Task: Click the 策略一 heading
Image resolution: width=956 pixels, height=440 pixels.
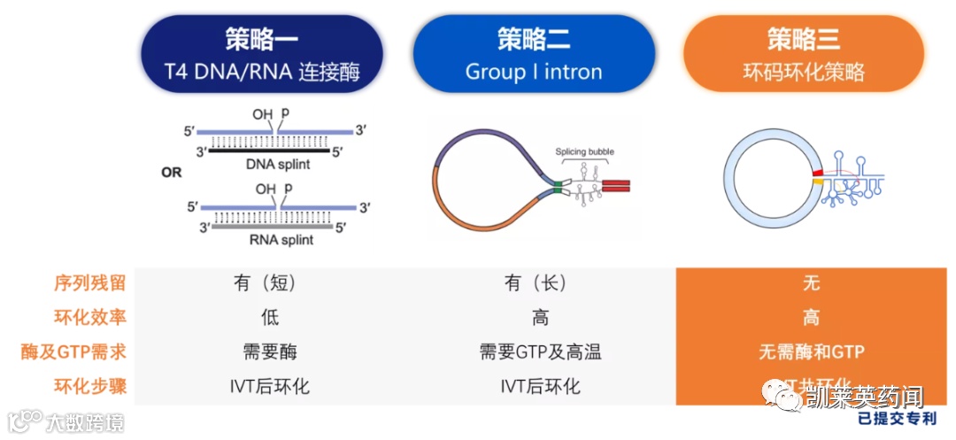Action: (263, 40)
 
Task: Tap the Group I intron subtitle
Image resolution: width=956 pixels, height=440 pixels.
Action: (534, 72)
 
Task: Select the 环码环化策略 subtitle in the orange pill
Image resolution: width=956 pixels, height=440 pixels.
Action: (804, 72)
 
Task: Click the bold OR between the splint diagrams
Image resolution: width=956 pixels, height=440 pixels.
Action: (171, 172)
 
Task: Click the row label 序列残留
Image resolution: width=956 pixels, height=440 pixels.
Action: (89, 283)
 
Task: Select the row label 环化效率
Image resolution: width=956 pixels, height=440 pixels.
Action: (89, 317)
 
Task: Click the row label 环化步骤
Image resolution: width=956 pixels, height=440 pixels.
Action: (89, 386)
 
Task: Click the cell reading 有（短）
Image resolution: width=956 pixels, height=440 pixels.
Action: (264, 283)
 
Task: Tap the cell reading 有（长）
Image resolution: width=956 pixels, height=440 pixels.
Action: (535, 283)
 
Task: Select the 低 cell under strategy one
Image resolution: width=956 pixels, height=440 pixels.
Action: (264, 317)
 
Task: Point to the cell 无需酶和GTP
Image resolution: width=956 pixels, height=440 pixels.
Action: (811, 351)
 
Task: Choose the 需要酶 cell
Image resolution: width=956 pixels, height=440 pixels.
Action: (264, 351)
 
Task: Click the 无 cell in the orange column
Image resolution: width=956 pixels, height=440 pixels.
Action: (811, 283)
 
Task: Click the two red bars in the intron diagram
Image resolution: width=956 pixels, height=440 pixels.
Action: (617, 185)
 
